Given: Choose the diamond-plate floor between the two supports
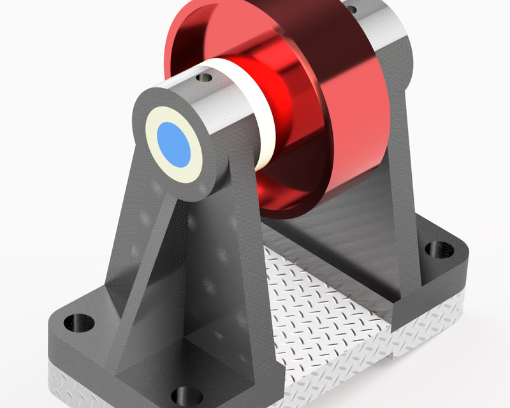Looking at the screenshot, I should (x=319, y=300).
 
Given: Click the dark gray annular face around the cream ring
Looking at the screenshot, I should (x=143, y=121).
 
